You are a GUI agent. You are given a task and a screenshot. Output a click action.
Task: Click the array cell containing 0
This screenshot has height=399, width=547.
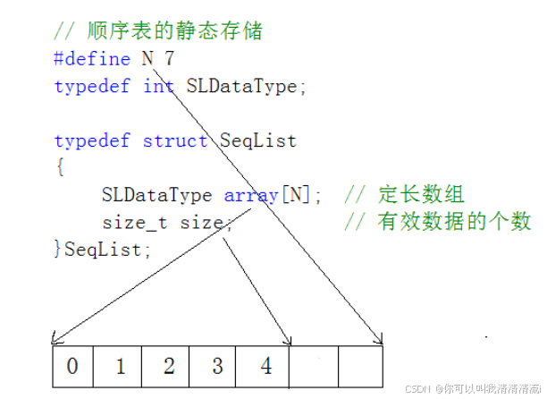point(72,366)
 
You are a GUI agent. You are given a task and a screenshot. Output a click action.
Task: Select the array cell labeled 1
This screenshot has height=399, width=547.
point(122,366)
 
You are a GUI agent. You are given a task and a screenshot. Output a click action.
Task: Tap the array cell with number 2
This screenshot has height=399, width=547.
point(170,366)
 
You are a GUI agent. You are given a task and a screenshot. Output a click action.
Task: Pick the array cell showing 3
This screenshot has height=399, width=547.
point(218,366)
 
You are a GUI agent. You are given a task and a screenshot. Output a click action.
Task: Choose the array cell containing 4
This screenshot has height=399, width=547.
point(265,366)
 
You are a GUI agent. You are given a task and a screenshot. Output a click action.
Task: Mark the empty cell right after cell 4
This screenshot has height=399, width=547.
point(314,366)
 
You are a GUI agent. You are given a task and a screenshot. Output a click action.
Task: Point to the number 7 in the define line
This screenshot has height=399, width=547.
point(169,60)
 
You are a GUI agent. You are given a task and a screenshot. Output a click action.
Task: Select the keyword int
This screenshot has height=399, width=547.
point(158,87)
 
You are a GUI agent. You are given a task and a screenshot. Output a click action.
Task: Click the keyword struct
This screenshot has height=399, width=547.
point(174,140)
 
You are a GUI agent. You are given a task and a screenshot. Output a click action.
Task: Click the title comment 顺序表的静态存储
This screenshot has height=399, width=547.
point(175,32)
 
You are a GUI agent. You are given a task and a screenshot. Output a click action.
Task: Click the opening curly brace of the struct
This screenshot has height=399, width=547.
point(59,167)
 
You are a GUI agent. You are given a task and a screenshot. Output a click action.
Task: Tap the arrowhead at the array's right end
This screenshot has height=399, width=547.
point(379,340)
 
